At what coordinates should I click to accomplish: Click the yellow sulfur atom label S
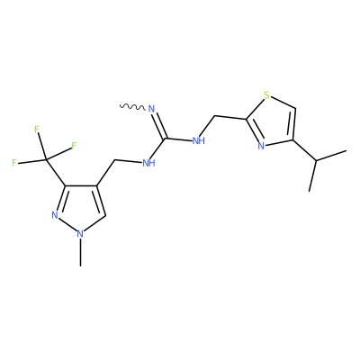pyautogui.click(x=266, y=95)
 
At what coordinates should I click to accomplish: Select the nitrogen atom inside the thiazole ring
pyautogui.click(x=261, y=146)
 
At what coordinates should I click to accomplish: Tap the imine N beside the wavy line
pyautogui.click(x=151, y=109)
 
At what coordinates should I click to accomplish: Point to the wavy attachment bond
pyautogui.click(x=132, y=106)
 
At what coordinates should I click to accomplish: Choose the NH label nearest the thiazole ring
pyautogui.click(x=198, y=140)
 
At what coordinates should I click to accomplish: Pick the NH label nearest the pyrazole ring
pyautogui.click(x=148, y=163)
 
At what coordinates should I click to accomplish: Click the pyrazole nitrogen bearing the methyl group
pyautogui.click(x=80, y=234)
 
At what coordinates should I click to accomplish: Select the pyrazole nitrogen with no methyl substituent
pyautogui.click(x=55, y=215)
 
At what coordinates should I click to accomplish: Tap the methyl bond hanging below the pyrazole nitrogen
pyautogui.click(x=80, y=252)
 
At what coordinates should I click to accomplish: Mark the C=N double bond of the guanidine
pyautogui.click(x=159, y=125)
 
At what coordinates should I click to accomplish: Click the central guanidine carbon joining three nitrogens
pyautogui.click(x=165, y=139)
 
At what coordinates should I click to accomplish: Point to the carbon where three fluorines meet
pyautogui.click(x=47, y=160)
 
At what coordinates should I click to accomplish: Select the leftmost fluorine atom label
pyautogui.click(x=14, y=163)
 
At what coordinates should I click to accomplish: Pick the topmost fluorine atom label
pyautogui.click(x=37, y=130)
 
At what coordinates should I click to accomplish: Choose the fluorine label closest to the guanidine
pyautogui.click(x=74, y=146)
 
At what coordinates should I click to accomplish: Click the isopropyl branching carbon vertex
pyautogui.click(x=316, y=161)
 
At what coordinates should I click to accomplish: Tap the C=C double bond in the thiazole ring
pyautogui.click(x=292, y=124)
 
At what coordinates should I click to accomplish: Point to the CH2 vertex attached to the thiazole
pyautogui.click(x=215, y=116)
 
